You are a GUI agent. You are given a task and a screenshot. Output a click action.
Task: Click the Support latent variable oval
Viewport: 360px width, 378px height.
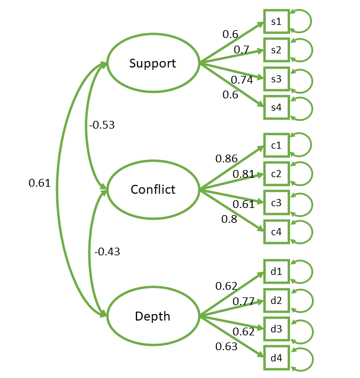coord(152,63)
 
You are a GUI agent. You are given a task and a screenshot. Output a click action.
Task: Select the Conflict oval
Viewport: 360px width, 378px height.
coord(152,190)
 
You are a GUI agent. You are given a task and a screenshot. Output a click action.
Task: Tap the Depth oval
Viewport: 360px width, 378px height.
coord(152,316)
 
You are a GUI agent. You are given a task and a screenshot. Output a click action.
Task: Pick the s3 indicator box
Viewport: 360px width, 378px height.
coord(276,79)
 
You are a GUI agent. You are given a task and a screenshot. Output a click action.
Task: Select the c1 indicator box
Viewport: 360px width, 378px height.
coord(276,145)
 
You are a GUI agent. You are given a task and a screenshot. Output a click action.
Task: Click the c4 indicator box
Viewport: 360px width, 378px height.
coord(276,231)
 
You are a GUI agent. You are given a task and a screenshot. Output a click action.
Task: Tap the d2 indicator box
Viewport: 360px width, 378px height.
coord(276,300)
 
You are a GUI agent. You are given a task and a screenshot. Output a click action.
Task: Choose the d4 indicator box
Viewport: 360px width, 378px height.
coord(276,358)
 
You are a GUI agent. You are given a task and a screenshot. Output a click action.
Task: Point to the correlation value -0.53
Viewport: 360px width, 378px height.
coord(101,125)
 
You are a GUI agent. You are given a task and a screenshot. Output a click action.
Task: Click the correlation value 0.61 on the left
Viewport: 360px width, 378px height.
coord(40,184)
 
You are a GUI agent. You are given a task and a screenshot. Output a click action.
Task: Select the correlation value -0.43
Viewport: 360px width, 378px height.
coord(107,252)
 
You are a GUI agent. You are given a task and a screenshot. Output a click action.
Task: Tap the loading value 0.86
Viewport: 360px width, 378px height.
coord(227,158)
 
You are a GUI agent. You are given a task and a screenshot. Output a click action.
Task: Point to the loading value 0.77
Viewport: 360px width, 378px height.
coord(243,302)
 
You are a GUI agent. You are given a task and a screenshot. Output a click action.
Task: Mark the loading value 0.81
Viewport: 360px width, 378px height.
coord(243,174)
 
